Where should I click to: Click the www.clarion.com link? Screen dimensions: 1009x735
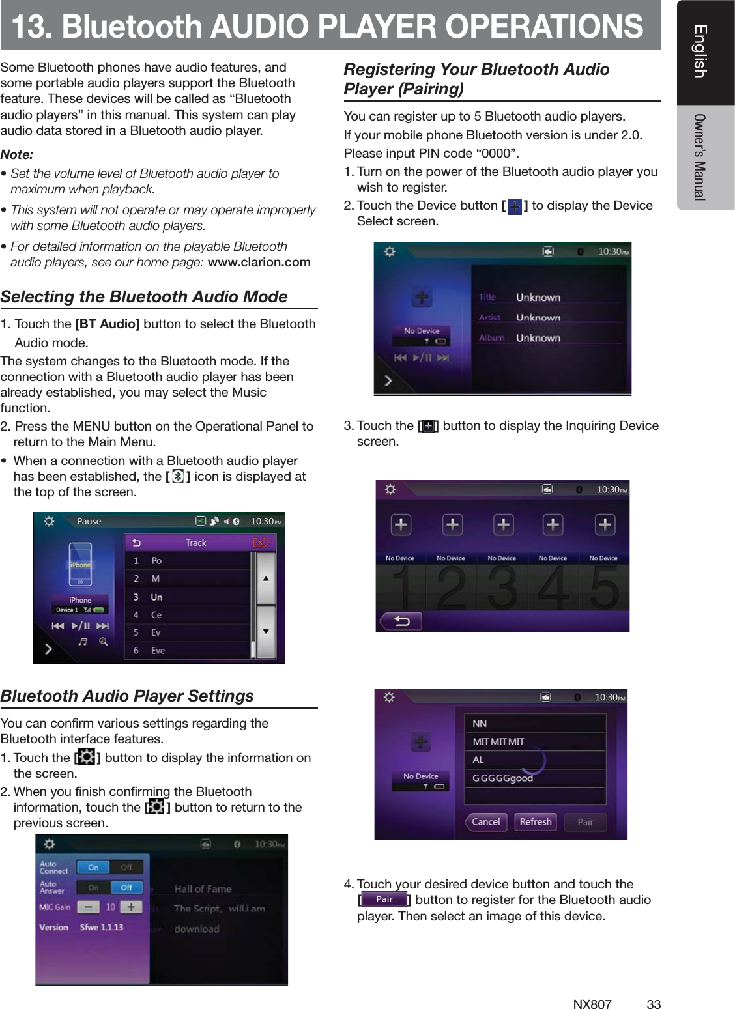(x=259, y=263)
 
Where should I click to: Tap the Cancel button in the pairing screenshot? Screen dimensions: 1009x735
(x=485, y=822)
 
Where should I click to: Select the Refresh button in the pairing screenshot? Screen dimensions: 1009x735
(x=536, y=822)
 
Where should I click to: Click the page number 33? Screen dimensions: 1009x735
(x=653, y=1004)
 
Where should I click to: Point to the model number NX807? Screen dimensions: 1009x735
(x=592, y=1004)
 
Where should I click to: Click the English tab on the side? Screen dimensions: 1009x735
(x=700, y=51)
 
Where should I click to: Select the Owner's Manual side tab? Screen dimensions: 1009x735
(x=700, y=157)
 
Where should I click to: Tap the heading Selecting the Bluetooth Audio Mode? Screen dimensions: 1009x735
(x=144, y=297)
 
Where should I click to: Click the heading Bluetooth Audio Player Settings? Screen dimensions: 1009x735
(x=127, y=696)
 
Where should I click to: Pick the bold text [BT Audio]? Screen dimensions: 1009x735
(x=108, y=324)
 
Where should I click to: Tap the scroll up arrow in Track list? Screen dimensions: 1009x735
(x=266, y=578)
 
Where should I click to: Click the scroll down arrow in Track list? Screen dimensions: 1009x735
(x=266, y=631)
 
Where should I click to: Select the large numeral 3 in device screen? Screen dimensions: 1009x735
(x=502, y=588)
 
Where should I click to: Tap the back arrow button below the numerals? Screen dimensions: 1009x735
(x=401, y=621)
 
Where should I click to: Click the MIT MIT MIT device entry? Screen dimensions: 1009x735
(x=498, y=742)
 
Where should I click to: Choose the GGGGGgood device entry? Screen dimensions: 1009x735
(x=502, y=778)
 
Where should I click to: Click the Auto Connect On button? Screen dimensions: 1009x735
(x=93, y=868)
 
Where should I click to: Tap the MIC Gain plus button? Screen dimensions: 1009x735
(x=130, y=907)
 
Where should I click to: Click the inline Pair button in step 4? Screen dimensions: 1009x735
(x=384, y=900)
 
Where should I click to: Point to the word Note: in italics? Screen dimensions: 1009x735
(x=17, y=155)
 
